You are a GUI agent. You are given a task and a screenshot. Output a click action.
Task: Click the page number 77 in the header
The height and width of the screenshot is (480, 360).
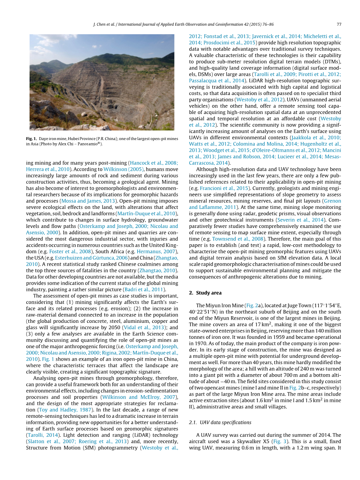[x=339, y=24]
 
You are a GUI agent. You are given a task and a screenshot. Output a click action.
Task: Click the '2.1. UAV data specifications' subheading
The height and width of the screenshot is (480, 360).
[x=220, y=422]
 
